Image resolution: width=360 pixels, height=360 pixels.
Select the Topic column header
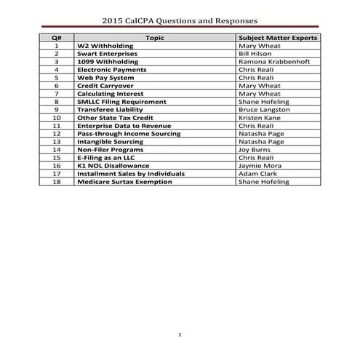click(x=155, y=36)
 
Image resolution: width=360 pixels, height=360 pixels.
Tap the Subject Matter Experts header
click(x=277, y=36)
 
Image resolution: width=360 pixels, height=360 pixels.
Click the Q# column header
click(x=56, y=36)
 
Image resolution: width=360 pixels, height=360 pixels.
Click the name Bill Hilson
click(x=255, y=54)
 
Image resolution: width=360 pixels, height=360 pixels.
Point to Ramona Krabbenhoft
click(x=273, y=62)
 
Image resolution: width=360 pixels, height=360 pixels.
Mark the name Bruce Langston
click(x=263, y=110)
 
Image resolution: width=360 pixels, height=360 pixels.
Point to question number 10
click(x=56, y=118)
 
